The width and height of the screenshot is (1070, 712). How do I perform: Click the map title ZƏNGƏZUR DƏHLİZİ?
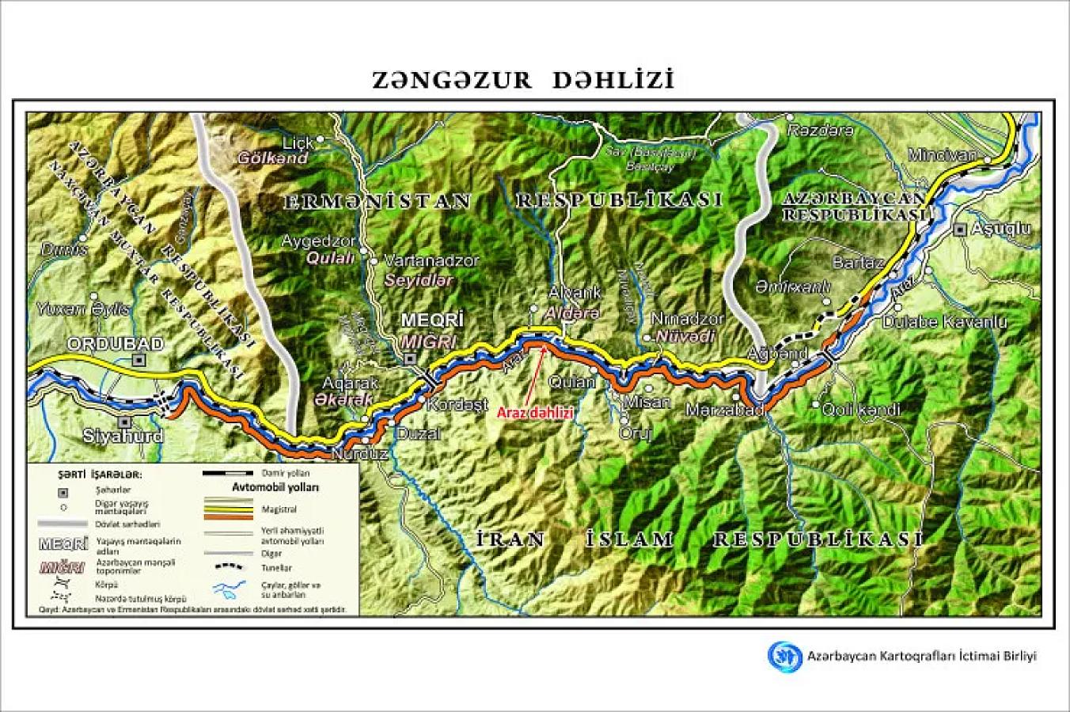[x=523, y=81]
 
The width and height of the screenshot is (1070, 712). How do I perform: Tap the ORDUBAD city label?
[x=115, y=343]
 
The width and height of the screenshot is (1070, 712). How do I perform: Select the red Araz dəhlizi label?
[x=534, y=412]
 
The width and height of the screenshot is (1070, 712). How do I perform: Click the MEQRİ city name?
[x=431, y=320]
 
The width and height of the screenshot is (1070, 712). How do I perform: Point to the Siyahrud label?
[x=123, y=436]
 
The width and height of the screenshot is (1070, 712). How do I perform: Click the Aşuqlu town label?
[x=1001, y=229]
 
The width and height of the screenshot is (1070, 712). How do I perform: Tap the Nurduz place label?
[x=359, y=455]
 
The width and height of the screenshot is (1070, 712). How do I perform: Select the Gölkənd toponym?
[x=273, y=158]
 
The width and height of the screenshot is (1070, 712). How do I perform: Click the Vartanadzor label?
[x=431, y=260]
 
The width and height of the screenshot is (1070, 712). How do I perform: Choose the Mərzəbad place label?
[x=725, y=411]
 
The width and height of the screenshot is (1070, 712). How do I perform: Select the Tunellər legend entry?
[x=276, y=568]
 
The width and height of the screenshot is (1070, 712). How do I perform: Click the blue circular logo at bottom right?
[x=785, y=656]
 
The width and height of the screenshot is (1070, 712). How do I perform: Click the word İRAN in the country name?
[x=512, y=540]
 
